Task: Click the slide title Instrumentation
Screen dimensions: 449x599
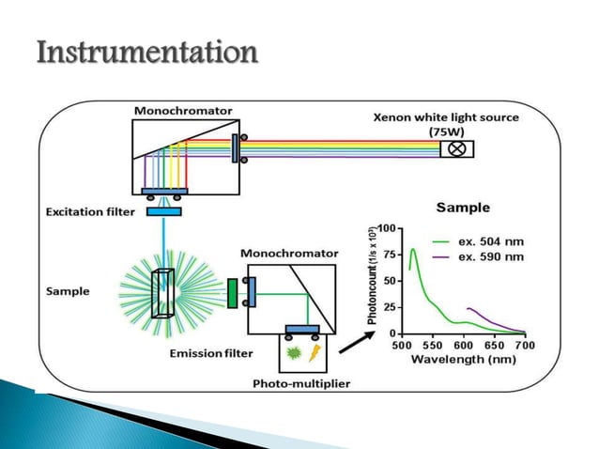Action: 146,52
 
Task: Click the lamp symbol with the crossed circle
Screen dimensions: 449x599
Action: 457,148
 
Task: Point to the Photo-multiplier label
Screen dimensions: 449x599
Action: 299,383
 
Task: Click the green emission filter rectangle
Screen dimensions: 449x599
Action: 232,291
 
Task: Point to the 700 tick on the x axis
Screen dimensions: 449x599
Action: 525,346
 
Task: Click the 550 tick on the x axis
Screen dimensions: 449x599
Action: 434,346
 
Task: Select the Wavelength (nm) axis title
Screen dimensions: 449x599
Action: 463,361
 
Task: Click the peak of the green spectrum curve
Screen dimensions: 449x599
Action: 413,250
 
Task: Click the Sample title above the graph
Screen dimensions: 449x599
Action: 464,207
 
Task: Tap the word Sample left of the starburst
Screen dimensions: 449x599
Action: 68,291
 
